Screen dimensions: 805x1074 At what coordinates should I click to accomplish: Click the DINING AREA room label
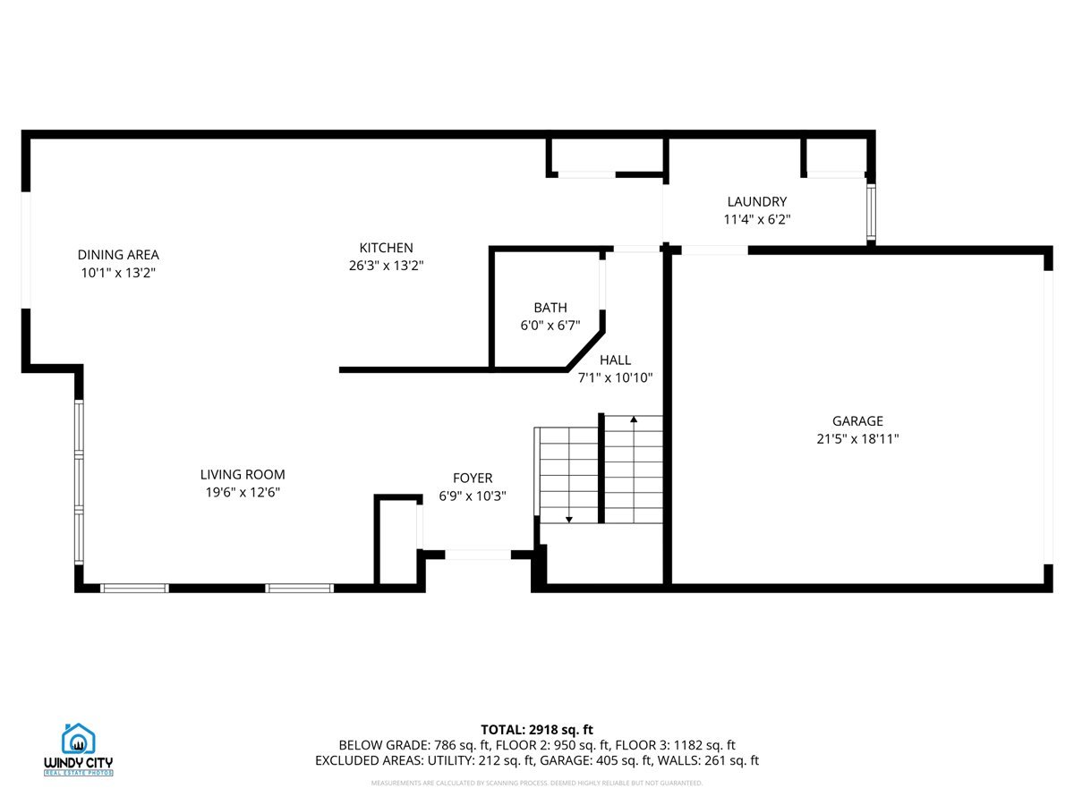(118, 255)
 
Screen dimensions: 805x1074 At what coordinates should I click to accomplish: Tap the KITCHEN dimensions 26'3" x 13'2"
(386, 266)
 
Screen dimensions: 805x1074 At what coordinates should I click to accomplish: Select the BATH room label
(550, 308)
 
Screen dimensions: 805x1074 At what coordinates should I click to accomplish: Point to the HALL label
(615, 360)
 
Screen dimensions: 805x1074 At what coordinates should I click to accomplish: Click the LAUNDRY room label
(756, 202)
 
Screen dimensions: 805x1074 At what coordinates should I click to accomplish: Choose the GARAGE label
(857, 421)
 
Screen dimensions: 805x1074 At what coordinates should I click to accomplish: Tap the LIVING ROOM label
(243, 475)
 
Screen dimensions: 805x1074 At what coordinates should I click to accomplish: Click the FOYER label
(472, 479)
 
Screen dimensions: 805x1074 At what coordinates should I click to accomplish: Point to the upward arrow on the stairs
(634, 419)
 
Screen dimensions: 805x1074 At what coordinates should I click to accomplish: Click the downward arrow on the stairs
(568, 518)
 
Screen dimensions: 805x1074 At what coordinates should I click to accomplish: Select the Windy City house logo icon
(79, 739)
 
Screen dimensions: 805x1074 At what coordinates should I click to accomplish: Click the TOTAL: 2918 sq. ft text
(537, 729)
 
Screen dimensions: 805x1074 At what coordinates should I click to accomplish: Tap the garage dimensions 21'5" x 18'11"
(857, 439)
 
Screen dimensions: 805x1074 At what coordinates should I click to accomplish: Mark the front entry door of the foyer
(478, 555)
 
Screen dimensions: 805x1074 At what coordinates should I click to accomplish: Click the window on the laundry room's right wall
(870, 213)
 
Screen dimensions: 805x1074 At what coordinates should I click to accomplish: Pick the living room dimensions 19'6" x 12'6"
(243, 493)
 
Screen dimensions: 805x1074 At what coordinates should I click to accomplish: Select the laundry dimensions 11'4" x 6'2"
(756, 219)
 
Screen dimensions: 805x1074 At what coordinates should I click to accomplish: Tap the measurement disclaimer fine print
(537, 784)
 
